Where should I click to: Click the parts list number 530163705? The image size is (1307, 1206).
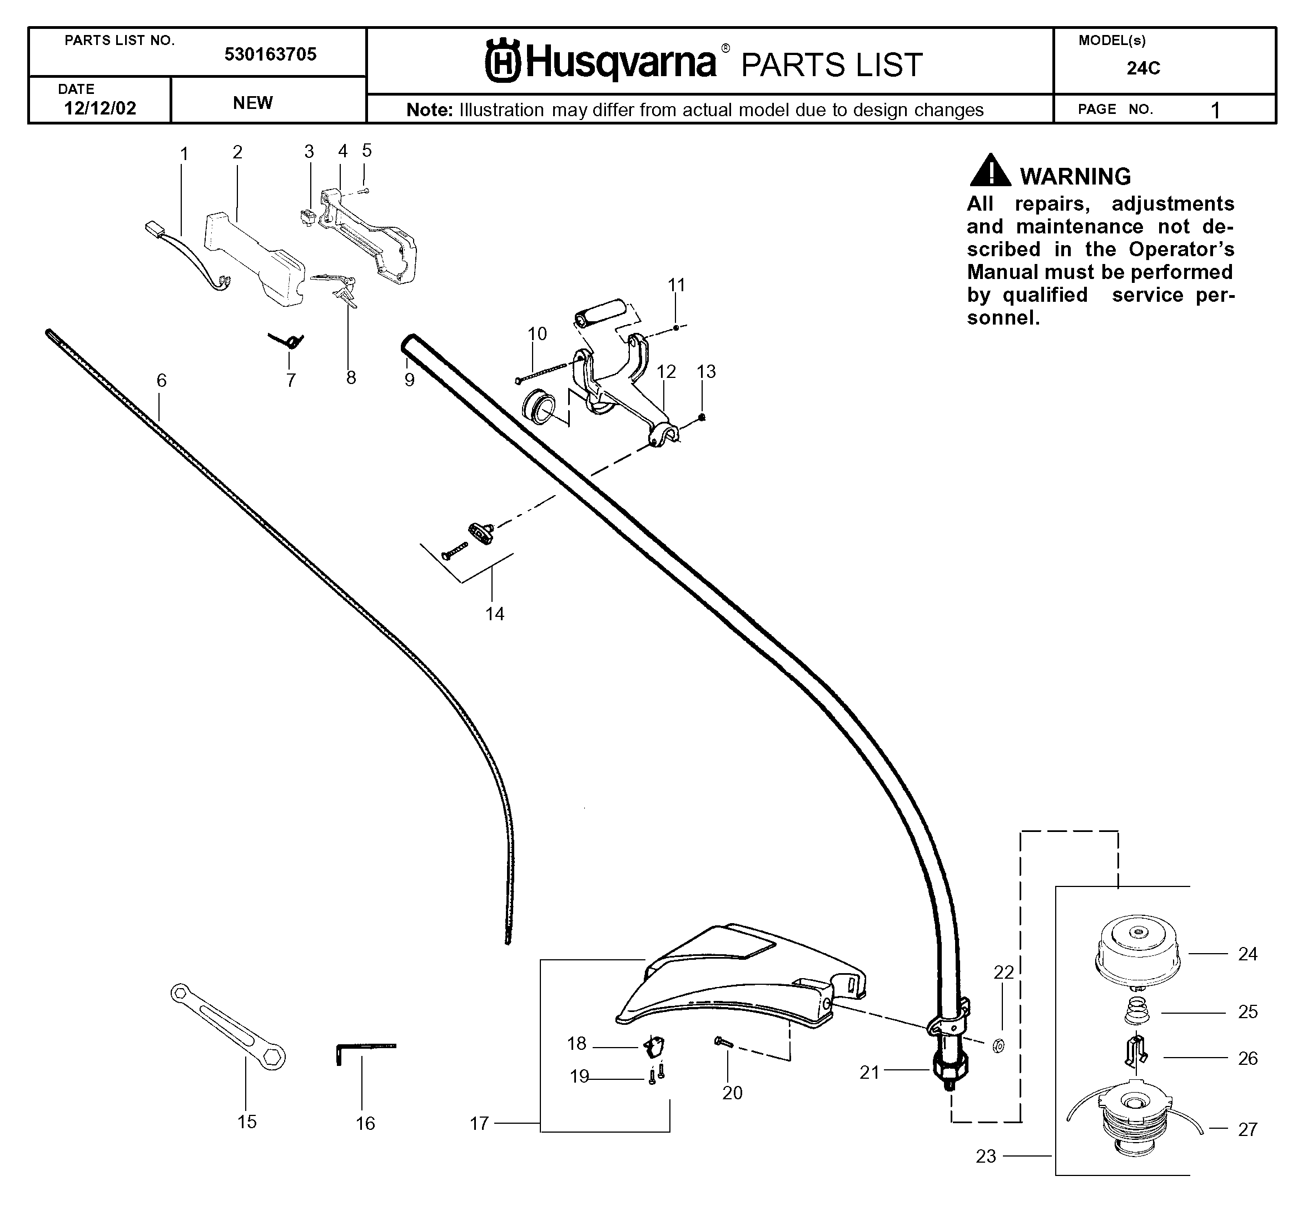click(270, 54)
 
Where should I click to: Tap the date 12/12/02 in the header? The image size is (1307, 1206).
click(100, 108)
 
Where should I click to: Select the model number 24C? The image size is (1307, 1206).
click(1143, 68)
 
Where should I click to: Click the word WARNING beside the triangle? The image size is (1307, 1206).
click(1075, 176)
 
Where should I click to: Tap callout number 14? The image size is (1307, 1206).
click(495, 614)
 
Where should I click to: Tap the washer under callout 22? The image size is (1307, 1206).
click(998, 1046)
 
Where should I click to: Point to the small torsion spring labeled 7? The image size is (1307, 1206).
click(287, 340)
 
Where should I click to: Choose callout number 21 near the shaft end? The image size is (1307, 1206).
click(869, 1072)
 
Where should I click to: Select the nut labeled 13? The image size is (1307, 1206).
click(702, 417)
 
